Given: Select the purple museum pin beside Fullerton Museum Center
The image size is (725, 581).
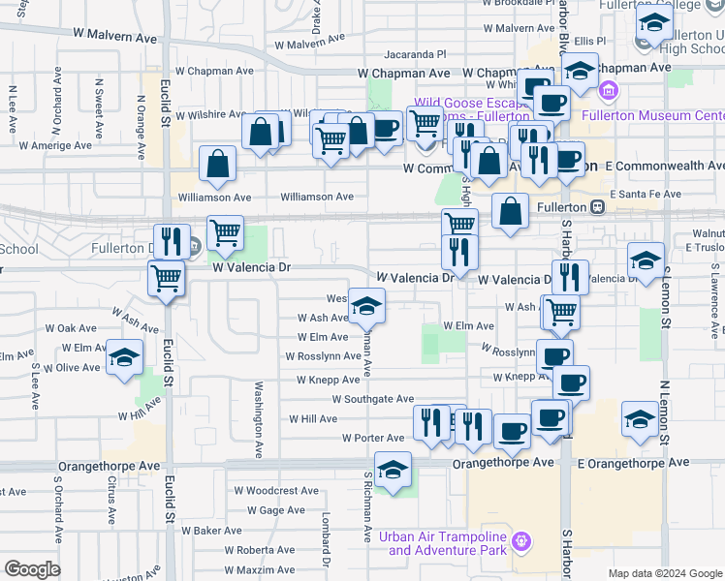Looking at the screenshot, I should tap(610, 93).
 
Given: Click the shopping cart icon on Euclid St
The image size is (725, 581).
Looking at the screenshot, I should tap(167, 279).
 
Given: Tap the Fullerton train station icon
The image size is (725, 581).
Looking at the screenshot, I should tap(598, 207).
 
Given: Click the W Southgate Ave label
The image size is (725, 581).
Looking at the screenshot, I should tap(373, 399).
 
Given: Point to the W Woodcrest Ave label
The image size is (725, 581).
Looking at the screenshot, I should tap(282, 491).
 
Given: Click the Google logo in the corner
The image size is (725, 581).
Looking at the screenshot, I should tap(32, 569).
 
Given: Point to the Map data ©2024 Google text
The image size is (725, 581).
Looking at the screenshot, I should tap(664, 573).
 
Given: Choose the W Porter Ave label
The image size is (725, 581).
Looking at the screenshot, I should tap(373, 439).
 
